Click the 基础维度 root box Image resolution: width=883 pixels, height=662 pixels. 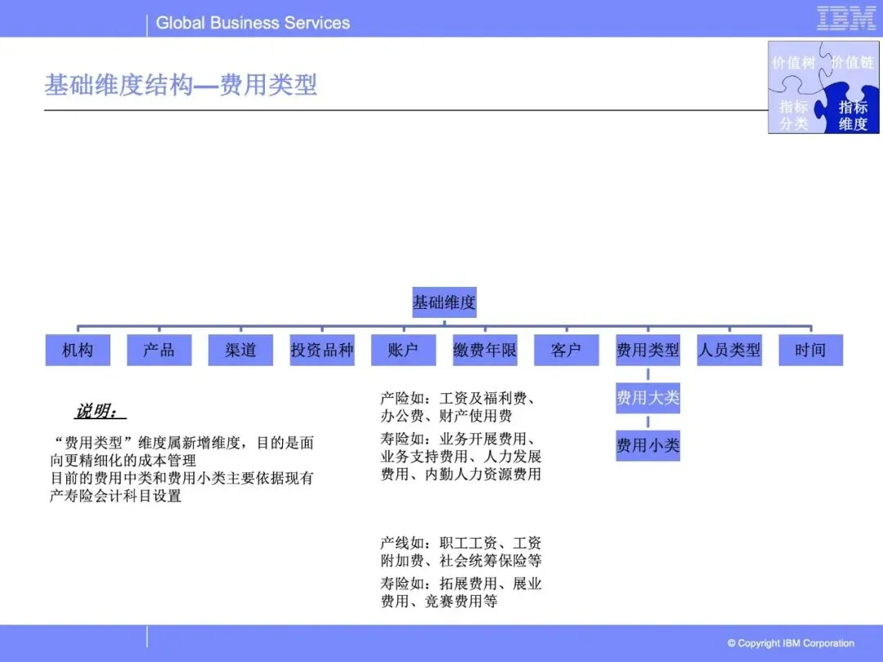444,302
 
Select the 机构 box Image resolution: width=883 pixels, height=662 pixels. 78,350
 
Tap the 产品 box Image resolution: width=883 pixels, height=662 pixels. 159,350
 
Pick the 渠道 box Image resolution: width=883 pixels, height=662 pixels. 240,350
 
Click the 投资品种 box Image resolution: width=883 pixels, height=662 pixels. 322,350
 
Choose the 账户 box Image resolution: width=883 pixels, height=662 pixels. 403,350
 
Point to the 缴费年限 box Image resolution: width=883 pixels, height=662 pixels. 485,350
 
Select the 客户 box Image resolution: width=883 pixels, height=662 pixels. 566,350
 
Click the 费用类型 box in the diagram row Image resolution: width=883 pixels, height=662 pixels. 648,350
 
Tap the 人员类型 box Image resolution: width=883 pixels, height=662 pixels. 728,350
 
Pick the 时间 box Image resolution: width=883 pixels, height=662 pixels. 810,350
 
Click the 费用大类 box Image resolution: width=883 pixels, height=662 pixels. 648,398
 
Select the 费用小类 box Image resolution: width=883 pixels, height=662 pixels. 648,445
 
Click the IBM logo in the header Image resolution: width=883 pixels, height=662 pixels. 846,19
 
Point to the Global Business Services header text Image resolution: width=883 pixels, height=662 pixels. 253,23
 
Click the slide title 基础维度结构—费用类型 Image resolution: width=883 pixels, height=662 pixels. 181,85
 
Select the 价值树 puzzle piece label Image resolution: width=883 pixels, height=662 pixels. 794,62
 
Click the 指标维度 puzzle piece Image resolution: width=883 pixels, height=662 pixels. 853,115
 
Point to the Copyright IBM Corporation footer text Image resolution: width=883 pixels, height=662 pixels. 791,643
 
